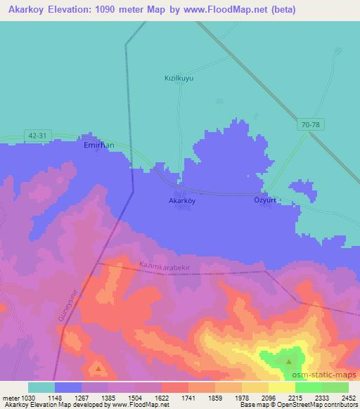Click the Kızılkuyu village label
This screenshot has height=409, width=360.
pyautogui.click(x=178, y=78)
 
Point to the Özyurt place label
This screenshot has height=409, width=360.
pyautogui.click(x=266, y=200)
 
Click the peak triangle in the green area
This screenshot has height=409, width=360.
pyautogui.click(x=289, y=363)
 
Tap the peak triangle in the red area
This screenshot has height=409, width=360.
pyautogui.click(x=98, y=368)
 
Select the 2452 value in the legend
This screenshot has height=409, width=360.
pyautogui.click(x=349, y=397)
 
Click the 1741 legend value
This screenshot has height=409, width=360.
pyautogui.click(x=188, y=397)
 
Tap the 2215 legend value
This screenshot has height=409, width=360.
pyautogui.click(x=295, y=397)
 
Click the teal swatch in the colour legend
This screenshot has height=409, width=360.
pyautogui.click(x=41, y=387)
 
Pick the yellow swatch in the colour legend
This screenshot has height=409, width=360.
pyautogui.click(x=282, y=387)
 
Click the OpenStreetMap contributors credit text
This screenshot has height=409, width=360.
pyautogui.click(x=309, y=405)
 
